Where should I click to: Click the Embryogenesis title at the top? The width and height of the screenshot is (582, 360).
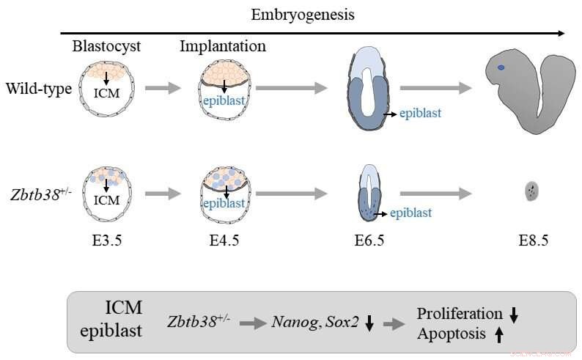pyautogui.click(x=303, y=15)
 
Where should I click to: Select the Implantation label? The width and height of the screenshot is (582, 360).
pyautogui.click(x=223, y=47)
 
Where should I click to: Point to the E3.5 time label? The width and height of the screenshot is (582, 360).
pyautogui.click(x=107, y=240)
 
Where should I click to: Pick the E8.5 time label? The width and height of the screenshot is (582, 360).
pyautogui.click(x=531, y=240)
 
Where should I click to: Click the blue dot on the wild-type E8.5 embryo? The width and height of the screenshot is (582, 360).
pyautogui.click(x=501, y=68)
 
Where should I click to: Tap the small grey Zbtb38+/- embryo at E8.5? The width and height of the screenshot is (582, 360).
pyautogui.click(x=531, y=192)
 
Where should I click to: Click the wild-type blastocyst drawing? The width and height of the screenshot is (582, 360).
pyautogui.click(x=108, y=89)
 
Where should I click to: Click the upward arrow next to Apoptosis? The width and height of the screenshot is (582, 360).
pyautogui.click(x=498, y=334)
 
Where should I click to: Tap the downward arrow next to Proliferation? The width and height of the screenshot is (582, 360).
pyautogui.click(x=514, y=315)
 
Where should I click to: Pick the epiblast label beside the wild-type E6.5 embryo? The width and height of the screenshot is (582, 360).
pyautogui.click(x=424, y=114)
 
